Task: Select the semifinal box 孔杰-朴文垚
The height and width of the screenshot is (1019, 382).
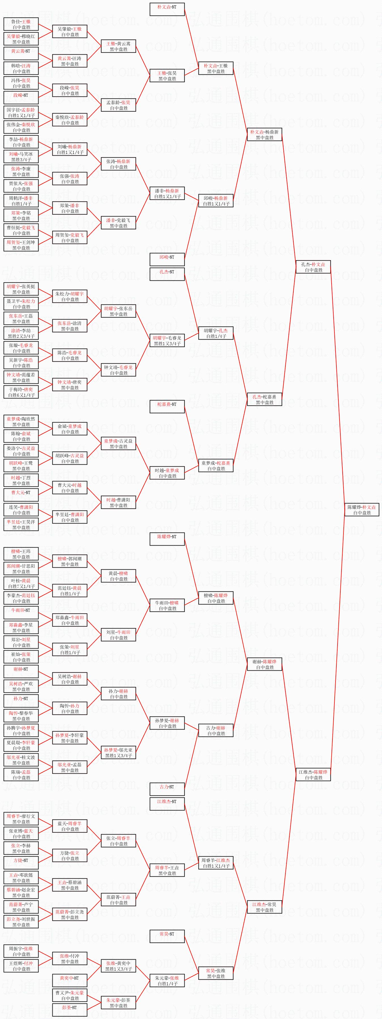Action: click(313, 267)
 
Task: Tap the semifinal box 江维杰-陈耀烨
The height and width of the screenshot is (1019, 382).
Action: click(313, 775)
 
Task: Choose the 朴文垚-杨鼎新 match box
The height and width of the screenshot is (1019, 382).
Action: click(264, 134)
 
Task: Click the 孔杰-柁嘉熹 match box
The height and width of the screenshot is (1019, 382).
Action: click(264, 399)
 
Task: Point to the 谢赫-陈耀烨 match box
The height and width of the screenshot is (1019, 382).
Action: click(264, 664)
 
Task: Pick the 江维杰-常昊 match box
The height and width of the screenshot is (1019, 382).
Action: click(264, 907)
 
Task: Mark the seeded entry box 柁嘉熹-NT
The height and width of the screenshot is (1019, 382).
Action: click(167, 407)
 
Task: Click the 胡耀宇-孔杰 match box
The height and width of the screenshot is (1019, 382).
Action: click(216, 333)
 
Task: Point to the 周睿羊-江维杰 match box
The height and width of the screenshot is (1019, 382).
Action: click(216, 863)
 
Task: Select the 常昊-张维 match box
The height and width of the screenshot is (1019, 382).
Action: click(216, 973)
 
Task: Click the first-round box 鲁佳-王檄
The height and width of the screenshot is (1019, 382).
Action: click(21, 24)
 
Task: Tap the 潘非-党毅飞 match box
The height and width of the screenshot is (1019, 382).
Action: click(118, 223)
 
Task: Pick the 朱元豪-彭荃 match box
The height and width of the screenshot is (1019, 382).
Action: click(118, 1002)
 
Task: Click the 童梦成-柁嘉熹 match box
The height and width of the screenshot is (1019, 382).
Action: click(216, 465)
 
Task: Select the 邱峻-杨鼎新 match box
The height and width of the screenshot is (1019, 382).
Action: click(216, 201)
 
